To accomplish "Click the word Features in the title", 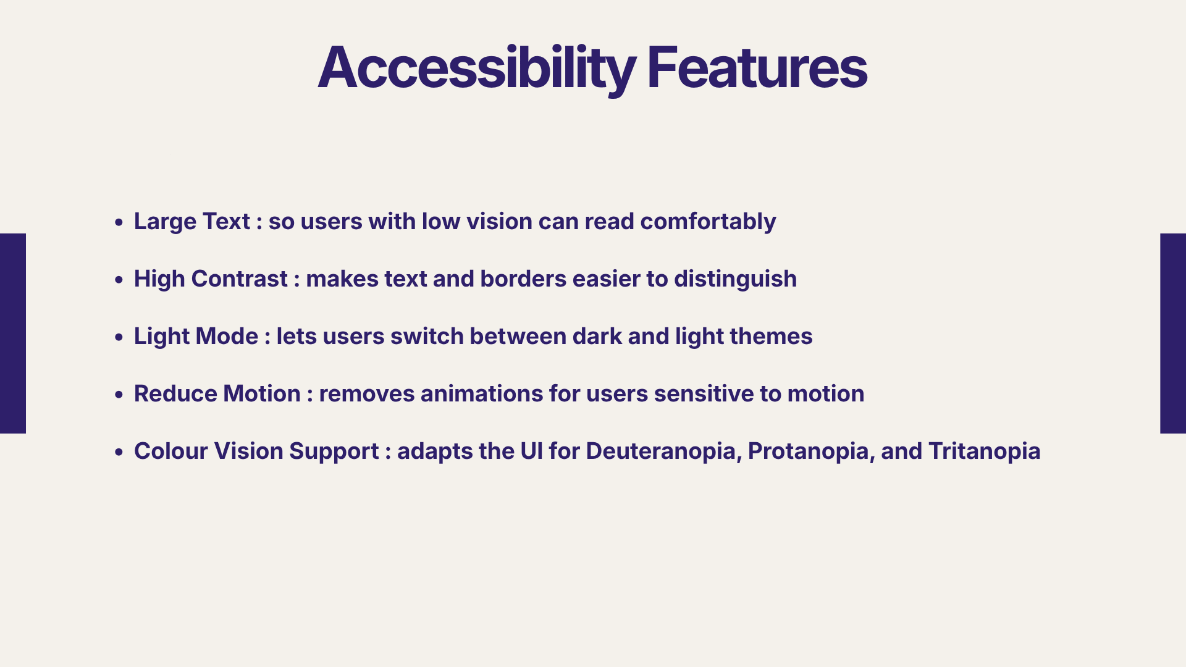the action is coord(757,68).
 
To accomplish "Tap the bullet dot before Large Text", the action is coord(119,222).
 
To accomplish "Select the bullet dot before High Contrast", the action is coord(119,280).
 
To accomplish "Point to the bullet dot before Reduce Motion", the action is coord(119,395).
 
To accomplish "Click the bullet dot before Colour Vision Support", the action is coord(119,452).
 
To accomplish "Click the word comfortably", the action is coord(708,222).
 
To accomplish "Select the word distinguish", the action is coord(736,280).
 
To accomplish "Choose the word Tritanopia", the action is coord(985,452).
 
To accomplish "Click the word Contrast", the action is coord(240,279).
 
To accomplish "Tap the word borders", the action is coord(523,279).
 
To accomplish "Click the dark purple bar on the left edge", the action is coord(13,333).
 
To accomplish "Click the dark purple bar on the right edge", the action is coord(1173,333).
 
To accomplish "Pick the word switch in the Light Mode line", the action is coord(427,337).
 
